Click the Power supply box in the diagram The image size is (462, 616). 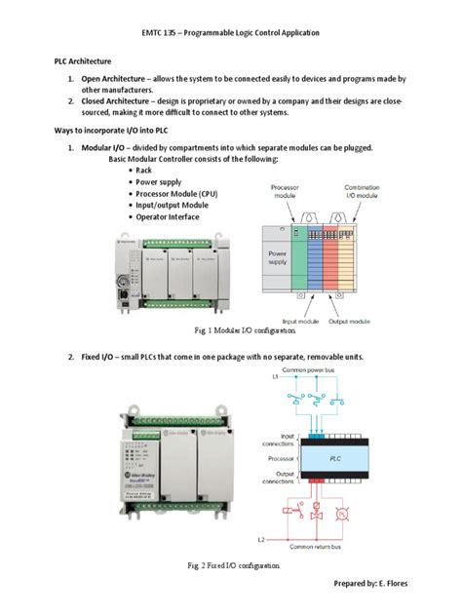pyautogui.click(x=279, y=257)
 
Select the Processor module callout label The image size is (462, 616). pyautogui.click(x=285, y=191)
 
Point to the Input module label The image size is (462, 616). pyautogui.click(x=302, y=321)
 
